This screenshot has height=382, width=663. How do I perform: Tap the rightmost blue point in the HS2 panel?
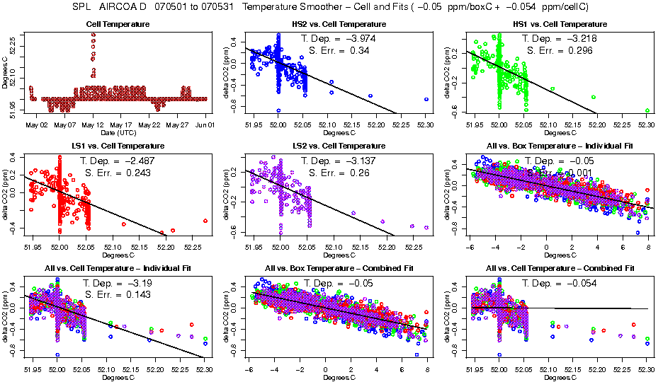(x=426, y=100)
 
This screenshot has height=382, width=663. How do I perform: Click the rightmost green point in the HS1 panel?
(x=647, y=110)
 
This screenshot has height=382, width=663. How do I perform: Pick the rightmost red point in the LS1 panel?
(x=205, y=221)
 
